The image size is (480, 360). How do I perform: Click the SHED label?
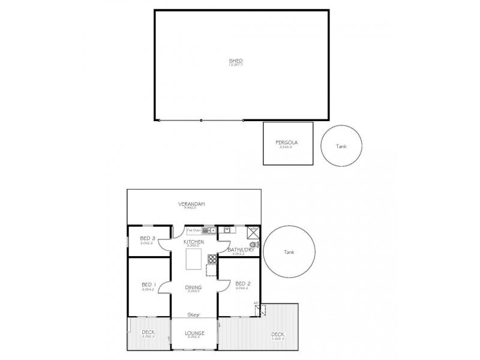coord(236,61)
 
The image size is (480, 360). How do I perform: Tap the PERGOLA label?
coord(286,143)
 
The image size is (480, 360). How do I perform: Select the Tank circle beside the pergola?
coord(341,146)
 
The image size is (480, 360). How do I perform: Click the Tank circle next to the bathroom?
coord(290,252)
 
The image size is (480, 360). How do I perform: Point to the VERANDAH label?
coord(191,205)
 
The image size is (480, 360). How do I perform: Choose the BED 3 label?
coord(147,239)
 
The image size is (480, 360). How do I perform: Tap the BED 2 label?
coord(242,284)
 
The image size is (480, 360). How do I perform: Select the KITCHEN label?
coord(194,242)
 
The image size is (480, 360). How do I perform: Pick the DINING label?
coord(194,287)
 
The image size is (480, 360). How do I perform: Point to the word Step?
coord(193,314)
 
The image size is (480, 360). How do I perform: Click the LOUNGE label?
coord(194,333)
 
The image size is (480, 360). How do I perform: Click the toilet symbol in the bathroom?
coord(253,244)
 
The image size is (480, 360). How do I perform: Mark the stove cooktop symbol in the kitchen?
coord(212,259)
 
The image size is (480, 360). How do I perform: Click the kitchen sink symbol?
coord(208,230)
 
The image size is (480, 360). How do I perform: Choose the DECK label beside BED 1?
coord(148,332)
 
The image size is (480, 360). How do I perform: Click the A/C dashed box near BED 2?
coord(260,310)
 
